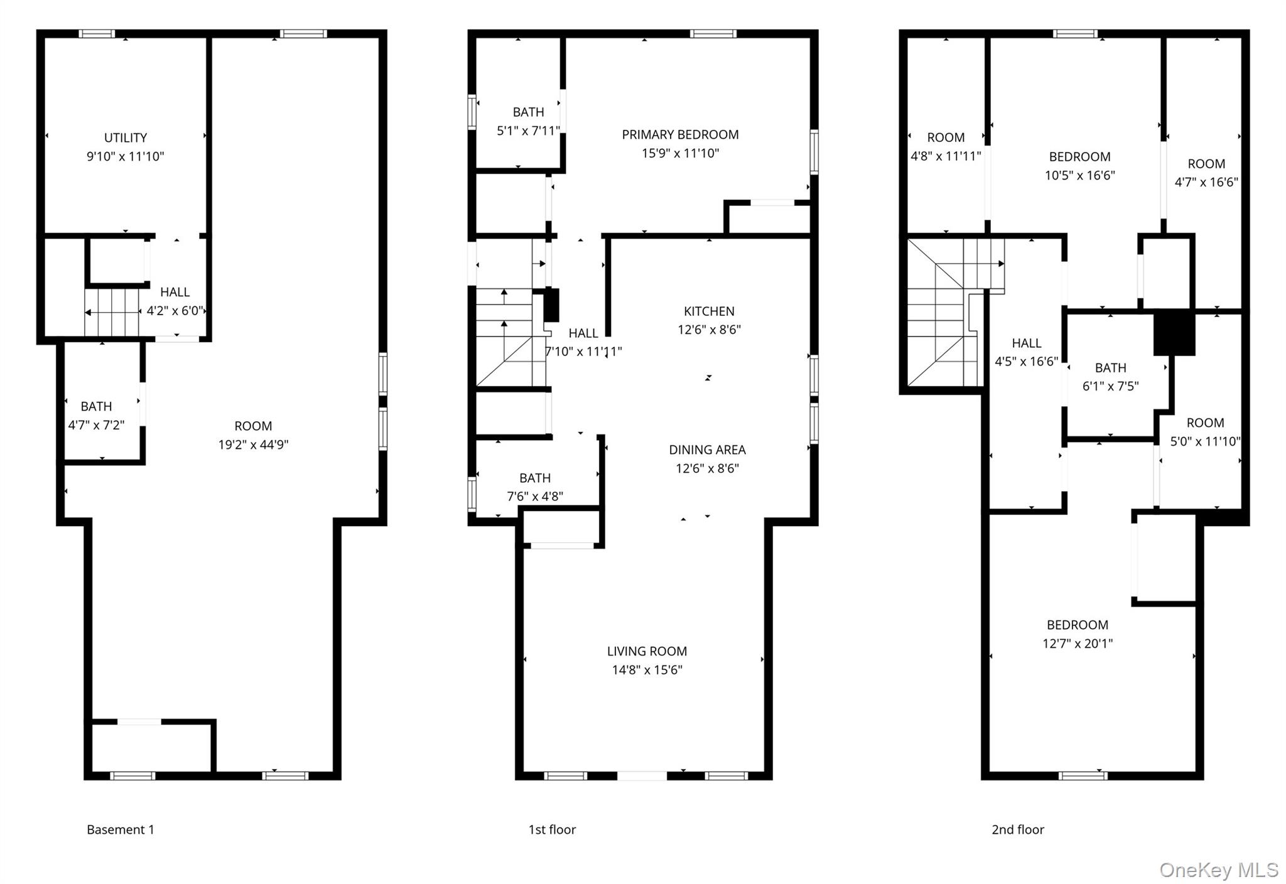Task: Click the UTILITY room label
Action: pos(126,137)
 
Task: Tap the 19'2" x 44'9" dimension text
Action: pos(253,445)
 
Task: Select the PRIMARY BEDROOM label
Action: pos(680,134)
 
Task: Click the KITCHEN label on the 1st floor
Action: pos(709,311)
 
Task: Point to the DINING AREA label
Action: pos(707,450)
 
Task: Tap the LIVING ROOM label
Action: pos(647,651)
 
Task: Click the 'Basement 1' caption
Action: pos(121,829)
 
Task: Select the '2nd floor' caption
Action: pos(1017,829)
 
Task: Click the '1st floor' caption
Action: pos(552,829)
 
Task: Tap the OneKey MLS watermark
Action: pos(1218,870)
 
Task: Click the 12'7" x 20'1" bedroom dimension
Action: pos(1078,643)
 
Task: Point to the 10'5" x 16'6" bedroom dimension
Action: pos(1079,175)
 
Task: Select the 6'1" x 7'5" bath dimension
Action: pos(1110,386)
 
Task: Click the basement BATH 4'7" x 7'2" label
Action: pos(96,406)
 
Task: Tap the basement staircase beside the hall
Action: pos(113,312)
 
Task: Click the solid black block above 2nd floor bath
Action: pos(1174,333)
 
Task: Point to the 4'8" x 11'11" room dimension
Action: pos(946,156)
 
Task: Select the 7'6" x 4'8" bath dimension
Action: pos(535,497)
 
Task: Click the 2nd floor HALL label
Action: pos(1027,343)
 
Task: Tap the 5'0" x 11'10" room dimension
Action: pos(1205,441)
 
